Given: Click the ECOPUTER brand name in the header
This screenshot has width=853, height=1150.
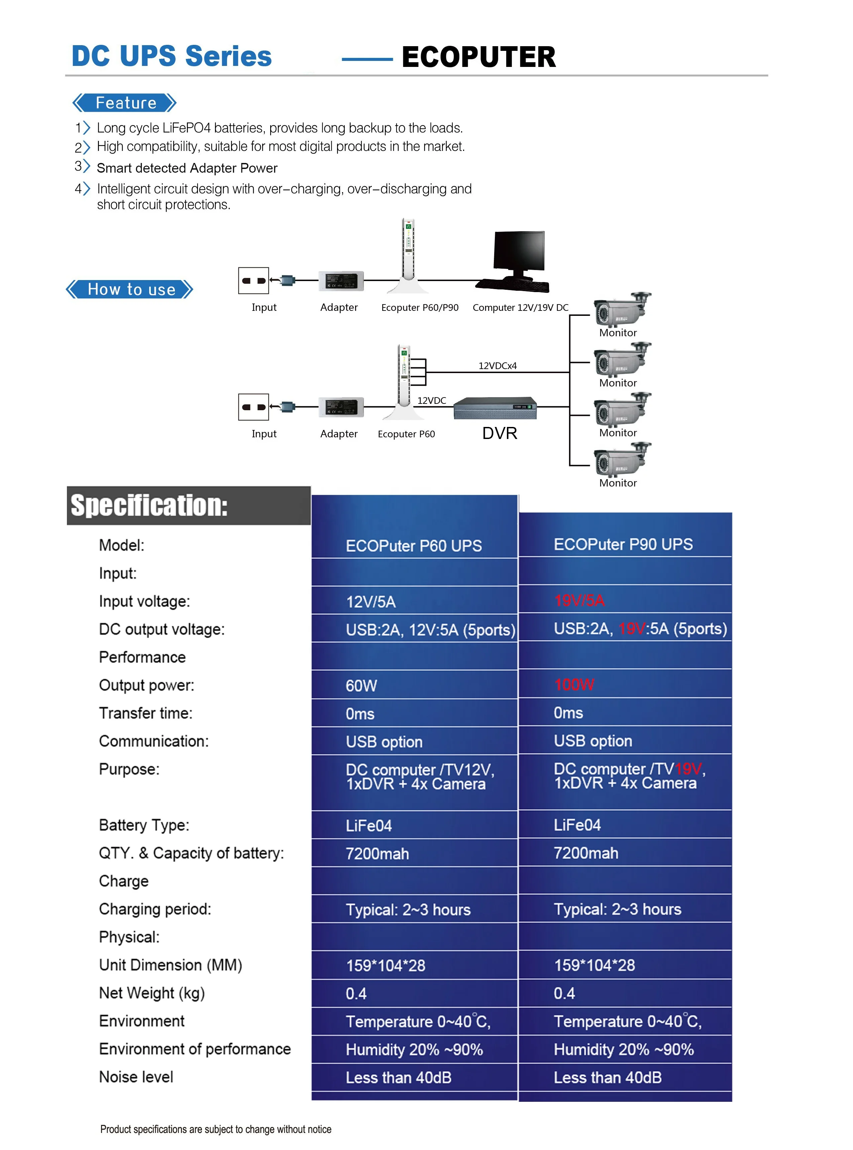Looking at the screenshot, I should coord(478,57).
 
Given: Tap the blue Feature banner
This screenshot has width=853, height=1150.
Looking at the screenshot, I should coord(125,103).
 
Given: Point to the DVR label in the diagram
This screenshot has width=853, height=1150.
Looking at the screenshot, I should coord(499,433).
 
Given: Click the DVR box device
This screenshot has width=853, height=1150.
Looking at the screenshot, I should coord(495,408).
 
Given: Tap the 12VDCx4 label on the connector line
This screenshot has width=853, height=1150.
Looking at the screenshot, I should coord(497,366).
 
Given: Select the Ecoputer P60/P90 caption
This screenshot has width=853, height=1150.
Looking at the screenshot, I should coord(419,307).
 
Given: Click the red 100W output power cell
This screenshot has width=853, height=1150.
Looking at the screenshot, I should coord(574,685).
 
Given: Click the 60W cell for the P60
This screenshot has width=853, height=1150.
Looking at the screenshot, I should coord(361,686).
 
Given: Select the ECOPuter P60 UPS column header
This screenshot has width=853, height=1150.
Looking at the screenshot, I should coord(414,545).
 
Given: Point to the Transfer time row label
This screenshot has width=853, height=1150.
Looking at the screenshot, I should coord(145,713).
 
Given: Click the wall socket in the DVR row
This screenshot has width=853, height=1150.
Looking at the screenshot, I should coord(253,407).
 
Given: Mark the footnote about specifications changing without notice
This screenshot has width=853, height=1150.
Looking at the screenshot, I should coord(216,1129).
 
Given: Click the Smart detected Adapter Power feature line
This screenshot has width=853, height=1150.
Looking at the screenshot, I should coord(187,168).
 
